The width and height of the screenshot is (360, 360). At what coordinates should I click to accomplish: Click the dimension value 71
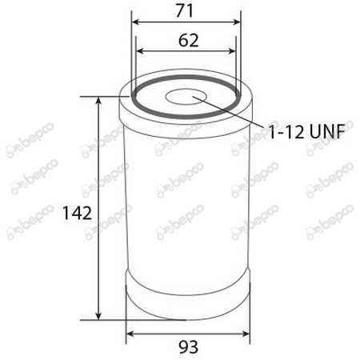click(x=187, y=12)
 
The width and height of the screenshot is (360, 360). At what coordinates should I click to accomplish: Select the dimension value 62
click(x=187, y=40)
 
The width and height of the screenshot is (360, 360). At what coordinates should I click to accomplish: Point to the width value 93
click(x=187, y=346)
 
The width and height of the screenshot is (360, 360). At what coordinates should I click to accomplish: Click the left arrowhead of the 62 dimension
click(x=141, y=50)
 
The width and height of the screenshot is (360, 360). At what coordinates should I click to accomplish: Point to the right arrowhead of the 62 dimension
click(x=234, y=50)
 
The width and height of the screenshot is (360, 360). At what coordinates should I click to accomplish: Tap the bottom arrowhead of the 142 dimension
click(x=99, y=315)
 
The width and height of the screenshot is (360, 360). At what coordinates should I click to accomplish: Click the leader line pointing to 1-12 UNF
click(x=232, y=113)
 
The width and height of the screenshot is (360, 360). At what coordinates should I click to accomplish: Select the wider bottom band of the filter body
click(x=187, y=296)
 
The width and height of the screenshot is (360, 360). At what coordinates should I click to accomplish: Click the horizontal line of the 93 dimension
click(x=187, y=333)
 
